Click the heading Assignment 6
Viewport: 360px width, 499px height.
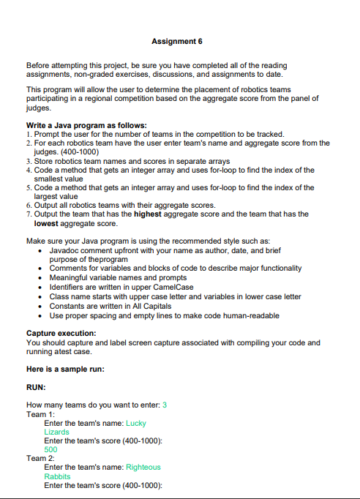point(179,41)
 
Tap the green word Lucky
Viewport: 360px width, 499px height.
point(136,423)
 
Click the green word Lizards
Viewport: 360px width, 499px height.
point(57,432)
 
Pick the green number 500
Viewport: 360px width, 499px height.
point(50,449)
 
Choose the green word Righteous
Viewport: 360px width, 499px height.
point(143,467)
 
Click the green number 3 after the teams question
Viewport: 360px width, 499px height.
point(165,405)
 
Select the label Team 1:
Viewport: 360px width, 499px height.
point(37,414)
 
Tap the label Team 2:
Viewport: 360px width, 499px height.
point(37,458)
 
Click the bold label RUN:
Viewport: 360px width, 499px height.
point(36,386)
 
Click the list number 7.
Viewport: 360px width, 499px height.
point(27,214)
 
